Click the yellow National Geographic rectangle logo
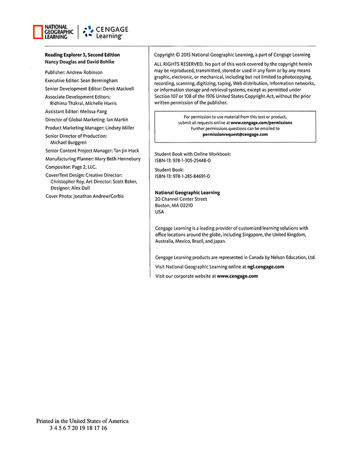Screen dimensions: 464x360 pyautogui.click(x=38, y=32)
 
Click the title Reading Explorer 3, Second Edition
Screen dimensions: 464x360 pyautogui.click(x=82, y=55)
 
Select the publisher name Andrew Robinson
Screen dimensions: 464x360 pyautogui.click(x=84, y=72)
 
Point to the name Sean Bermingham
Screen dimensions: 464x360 pyautogui.click(x=99, y=81)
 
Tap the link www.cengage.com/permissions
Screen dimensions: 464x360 pyautogui.click(x=261, y=123)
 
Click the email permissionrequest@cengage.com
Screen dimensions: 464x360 pyautogui.click(x=235, y=134)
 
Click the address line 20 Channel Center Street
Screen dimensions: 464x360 pyautogui.click(x=181, y=199)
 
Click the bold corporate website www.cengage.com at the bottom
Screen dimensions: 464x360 pyautogui.click(x=237, y=276)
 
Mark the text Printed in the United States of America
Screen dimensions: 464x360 pyautogui.click(x=82, y=421)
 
